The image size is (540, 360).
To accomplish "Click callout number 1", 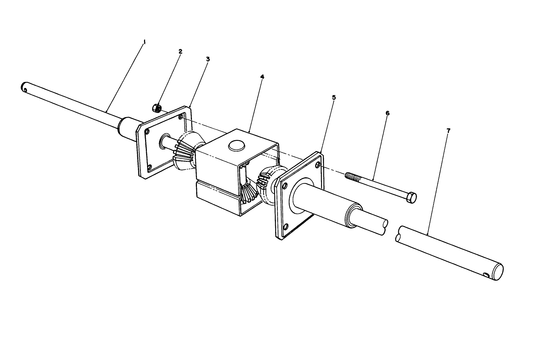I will coord(144,42).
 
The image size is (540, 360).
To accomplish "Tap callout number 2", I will coord(180,51).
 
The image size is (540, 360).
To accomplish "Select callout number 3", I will coord(208,59).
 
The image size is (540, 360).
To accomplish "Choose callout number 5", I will coord(334,97).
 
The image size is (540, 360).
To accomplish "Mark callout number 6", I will coord(387,113).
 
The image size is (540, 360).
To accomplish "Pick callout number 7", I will coord(449,131).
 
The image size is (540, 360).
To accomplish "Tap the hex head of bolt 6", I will coord(411,197).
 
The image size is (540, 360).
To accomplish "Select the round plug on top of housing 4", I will coord(236,144).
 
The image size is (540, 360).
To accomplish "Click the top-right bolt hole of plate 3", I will coord(181,116).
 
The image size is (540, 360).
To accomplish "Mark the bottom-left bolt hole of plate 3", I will coord(150,167).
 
